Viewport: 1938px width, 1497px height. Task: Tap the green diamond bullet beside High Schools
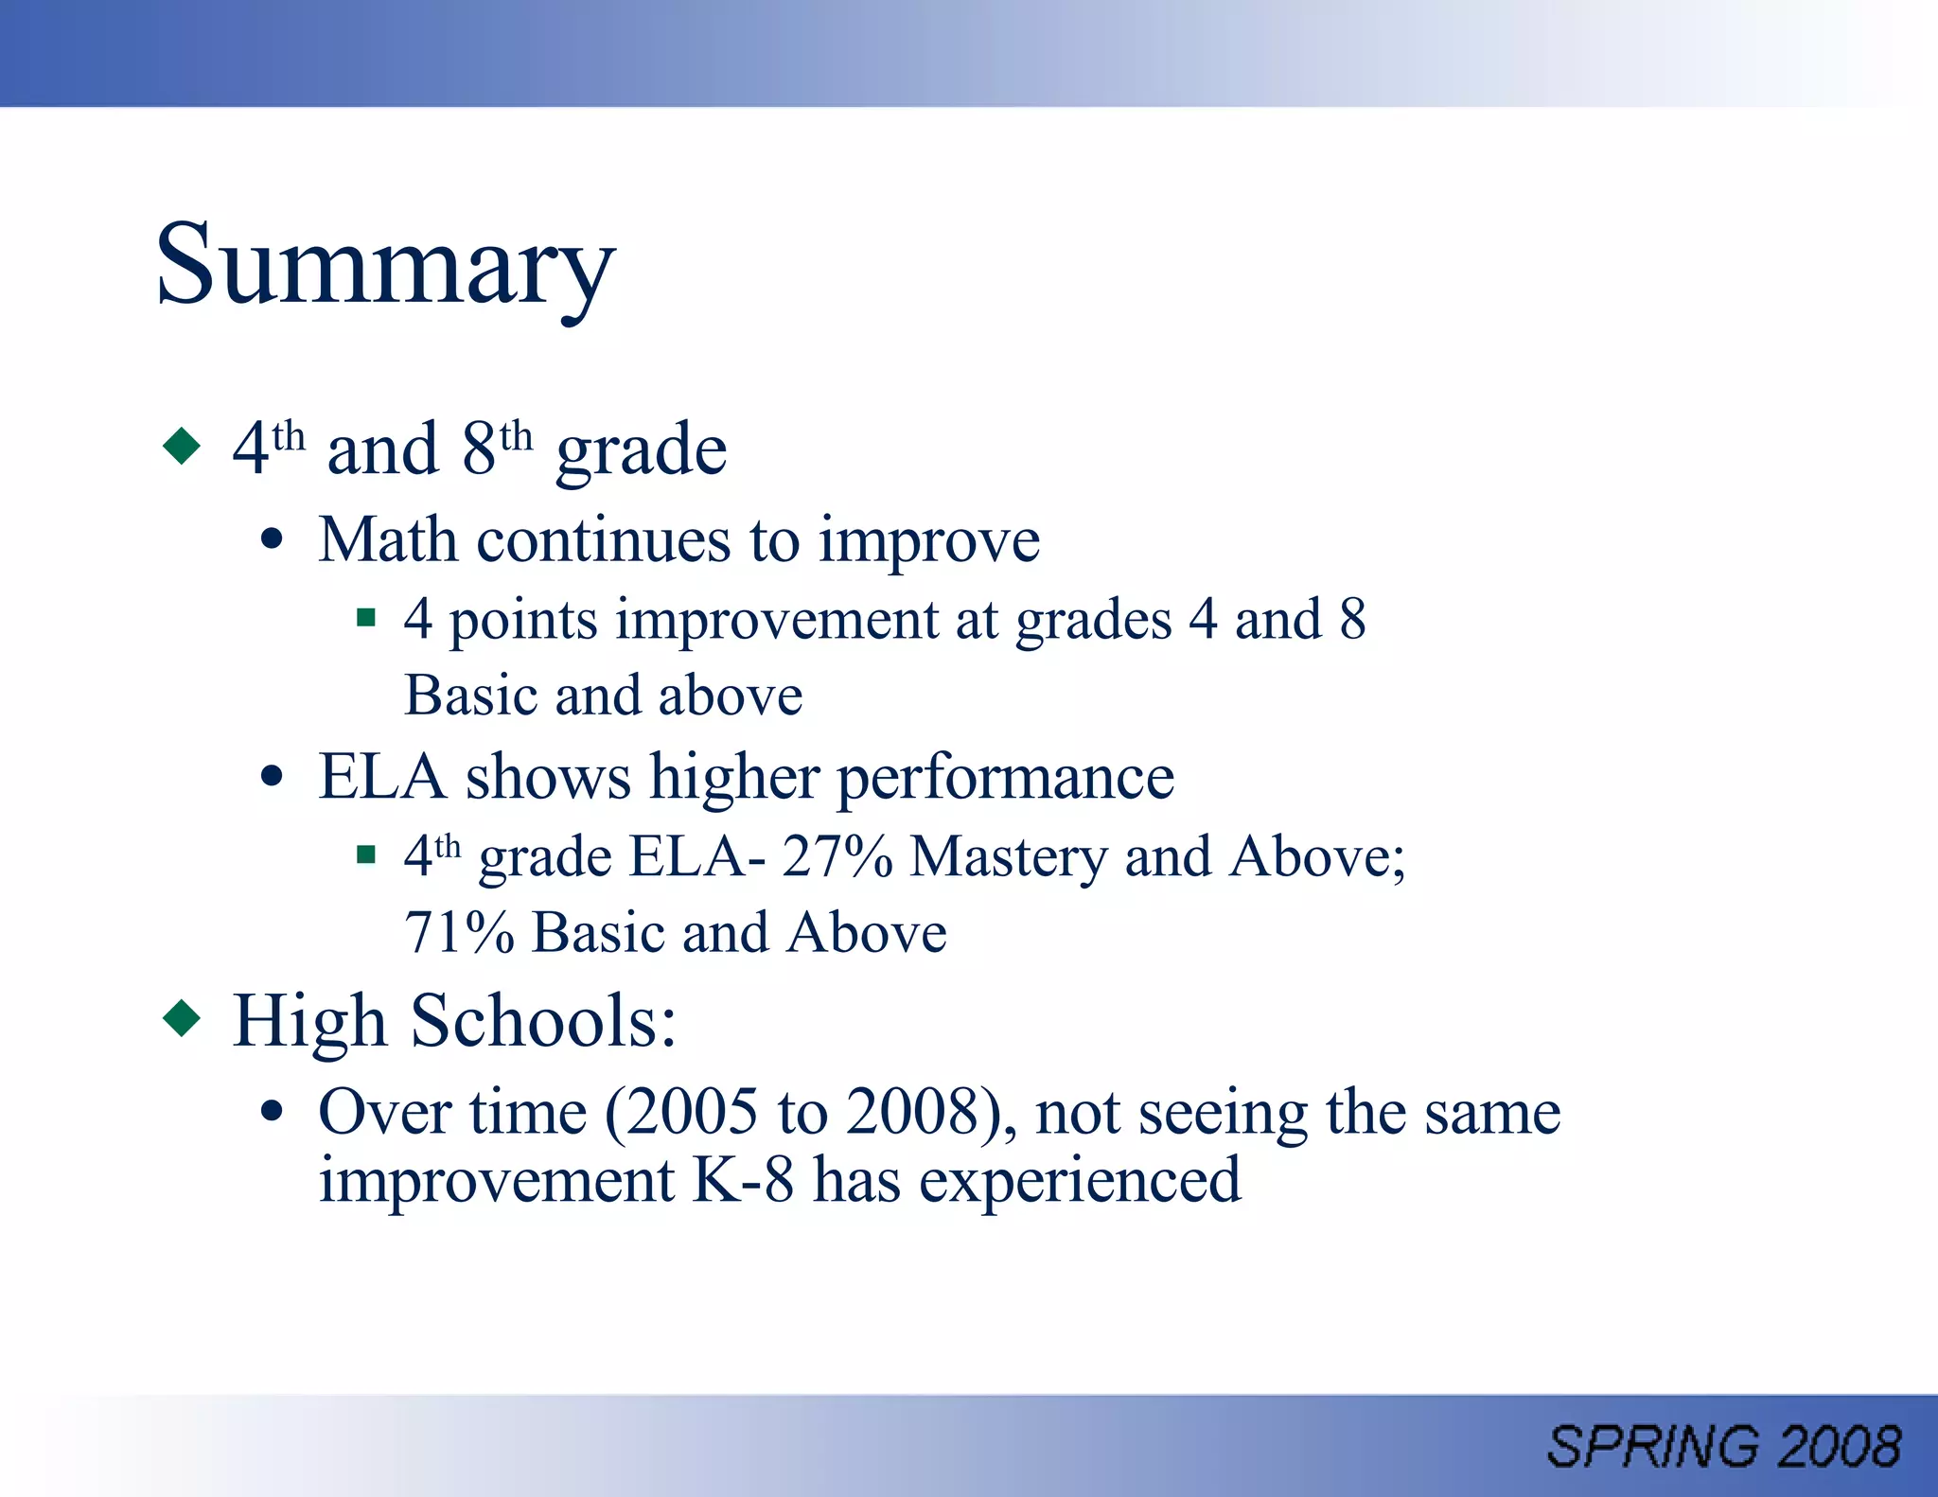pos(182,1019)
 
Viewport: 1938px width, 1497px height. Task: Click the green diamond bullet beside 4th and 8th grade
pos(182,446)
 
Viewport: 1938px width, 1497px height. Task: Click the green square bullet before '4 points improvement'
pos(366,619)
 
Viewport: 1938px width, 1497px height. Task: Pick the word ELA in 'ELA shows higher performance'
pos(381,777)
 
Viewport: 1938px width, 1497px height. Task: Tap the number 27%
pos(837,857)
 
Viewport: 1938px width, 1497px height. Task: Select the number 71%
pos(459,933)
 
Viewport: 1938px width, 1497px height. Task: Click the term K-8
pos(743,1180)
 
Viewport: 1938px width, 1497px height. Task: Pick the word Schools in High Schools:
pos(543,1022)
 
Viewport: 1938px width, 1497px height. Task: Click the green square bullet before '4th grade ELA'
pos(366,855)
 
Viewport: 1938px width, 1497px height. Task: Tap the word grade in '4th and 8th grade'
pos(641,451)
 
